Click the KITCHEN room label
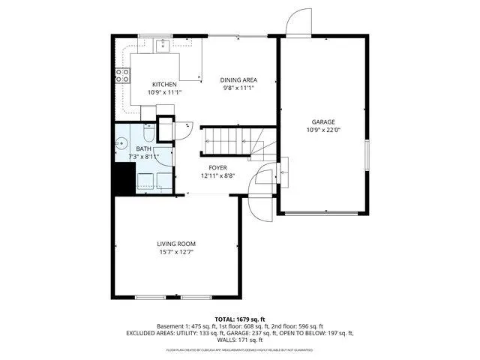pos(164,84)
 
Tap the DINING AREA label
pos(238,79)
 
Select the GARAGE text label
pos(323,121)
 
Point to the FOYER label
pos(217,167)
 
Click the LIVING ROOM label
pos(176,244)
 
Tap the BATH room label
pos(143,148)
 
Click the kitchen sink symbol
pos(163,46)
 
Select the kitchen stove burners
pos(121,75)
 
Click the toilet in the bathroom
pos(148,134)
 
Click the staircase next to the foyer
pos(229,140)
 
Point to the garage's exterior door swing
pos(298,22)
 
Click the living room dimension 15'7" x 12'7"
pos(176,252)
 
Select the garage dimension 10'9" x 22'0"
pos(323,130)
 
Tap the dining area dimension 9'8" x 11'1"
pos(238,88)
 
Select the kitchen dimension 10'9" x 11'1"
pos(164,92)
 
